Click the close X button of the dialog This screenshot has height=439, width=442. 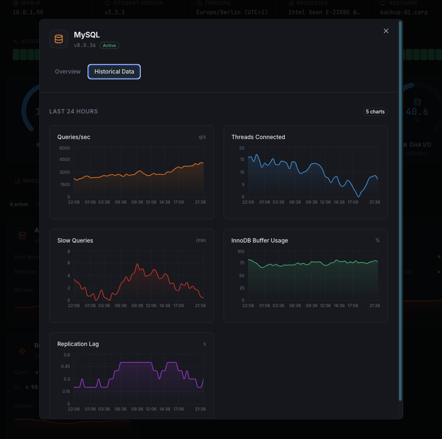386,31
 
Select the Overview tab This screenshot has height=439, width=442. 68,72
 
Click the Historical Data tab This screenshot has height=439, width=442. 114,72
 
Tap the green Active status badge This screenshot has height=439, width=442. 109,46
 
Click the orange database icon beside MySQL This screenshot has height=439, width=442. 59,39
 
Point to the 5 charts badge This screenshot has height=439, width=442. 375,112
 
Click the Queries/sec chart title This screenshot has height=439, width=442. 74,137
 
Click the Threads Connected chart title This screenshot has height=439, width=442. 258,137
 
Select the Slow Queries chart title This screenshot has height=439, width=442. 75,241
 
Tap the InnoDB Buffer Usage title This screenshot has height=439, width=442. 260,241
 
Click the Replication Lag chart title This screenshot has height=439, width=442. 78,344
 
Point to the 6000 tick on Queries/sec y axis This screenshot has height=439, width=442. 64,148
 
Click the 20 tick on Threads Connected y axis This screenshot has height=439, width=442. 242,148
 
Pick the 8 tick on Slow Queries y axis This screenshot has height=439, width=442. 68,252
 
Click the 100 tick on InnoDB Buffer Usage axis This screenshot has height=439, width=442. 241,252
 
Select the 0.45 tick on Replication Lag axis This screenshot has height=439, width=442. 65,367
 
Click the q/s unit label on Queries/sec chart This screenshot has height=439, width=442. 202,137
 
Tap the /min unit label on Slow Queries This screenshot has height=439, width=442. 201,241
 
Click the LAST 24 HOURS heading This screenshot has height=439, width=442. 73,112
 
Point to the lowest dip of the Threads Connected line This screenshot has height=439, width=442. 359,196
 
